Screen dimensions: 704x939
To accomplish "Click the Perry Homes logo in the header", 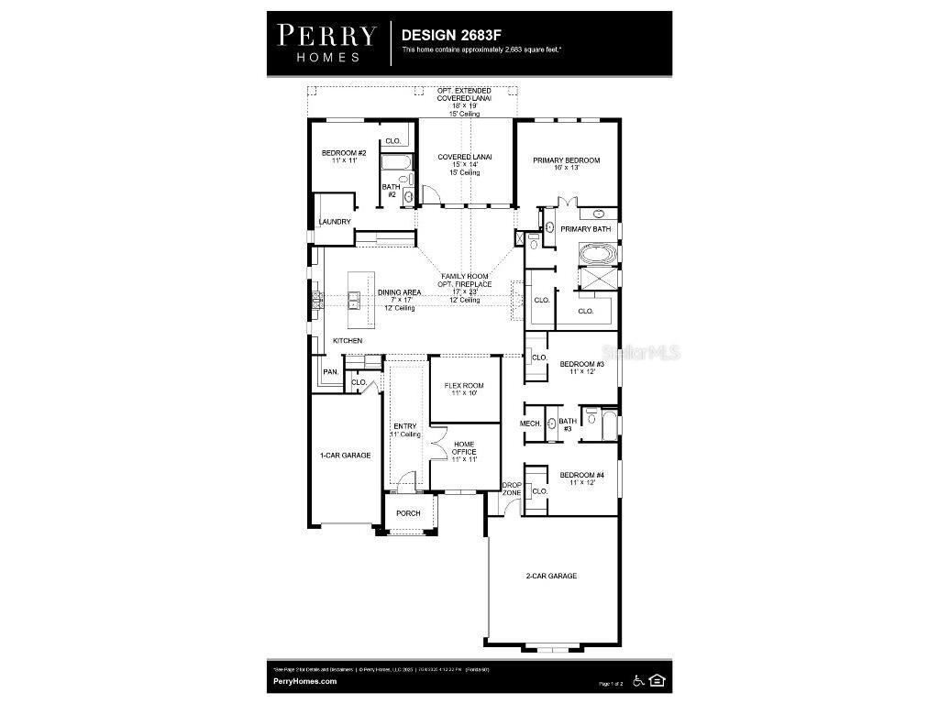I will coord(326,42).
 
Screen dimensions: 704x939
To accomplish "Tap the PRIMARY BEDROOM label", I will coord(567,160).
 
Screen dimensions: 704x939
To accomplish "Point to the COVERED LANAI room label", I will coord(465,157).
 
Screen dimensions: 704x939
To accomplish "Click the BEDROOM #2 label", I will coord(344,153).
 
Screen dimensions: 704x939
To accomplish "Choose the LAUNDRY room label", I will coord(335,222).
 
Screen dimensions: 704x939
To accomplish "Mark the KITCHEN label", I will coord(348,341).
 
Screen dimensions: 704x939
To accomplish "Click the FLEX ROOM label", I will coord(464,385).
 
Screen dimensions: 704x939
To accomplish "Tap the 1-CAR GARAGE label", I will coord(345,455).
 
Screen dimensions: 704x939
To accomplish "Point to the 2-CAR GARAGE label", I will coord(551,576).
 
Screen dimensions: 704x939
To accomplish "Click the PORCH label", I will coord(408,513).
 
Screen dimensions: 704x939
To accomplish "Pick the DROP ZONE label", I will coord(512,489).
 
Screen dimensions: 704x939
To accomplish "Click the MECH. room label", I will coord(530,423).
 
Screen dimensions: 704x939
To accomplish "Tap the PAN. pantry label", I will coord(331,372).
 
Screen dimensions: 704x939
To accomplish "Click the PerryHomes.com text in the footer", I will coord(304,681).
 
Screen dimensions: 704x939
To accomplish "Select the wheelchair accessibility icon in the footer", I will coord(638,679).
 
